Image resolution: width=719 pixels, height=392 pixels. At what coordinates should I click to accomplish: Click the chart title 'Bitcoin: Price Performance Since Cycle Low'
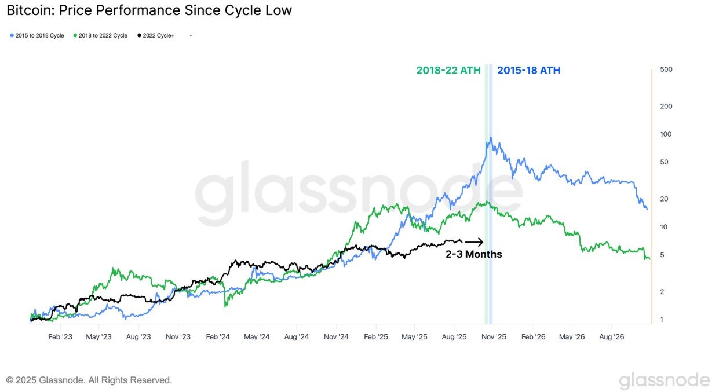pyautogui.click(x=149, y=10)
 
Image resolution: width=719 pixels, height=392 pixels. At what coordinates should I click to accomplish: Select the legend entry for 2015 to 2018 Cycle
pyautogui.click(x=39, y=36)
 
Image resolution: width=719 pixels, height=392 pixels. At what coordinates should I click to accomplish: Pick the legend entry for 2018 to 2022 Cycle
pyautogui.click(x=102, y=36)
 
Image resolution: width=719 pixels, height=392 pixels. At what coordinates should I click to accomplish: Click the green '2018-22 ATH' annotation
pyautogui.click(x=448, y=71)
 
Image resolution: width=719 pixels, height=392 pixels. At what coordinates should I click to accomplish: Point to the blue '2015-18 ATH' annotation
pyautogui.click(x=528, y=71)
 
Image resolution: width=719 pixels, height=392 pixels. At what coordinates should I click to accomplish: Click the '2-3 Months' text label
pyautogui.click(x=473, y=254)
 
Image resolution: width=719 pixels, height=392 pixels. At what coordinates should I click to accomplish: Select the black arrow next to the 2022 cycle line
pyautogui.click(x=474, y=242)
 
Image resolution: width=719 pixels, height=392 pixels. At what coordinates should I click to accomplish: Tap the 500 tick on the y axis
pyautogui.click(x=666, y=70)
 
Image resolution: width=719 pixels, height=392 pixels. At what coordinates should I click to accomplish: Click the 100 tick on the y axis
pyautogui.click(x=666, y=134)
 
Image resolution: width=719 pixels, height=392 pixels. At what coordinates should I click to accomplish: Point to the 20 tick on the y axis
pyautogui.click(x=665, y=199)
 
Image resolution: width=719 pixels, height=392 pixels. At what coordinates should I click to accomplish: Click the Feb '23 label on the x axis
pyautogui.click(x=60, y=336)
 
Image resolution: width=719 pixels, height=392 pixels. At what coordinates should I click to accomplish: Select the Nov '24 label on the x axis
pyautogui.click(x=335, y=336)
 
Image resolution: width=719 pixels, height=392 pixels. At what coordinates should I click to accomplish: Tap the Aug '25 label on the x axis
pyautogui.click(x=454, y=336)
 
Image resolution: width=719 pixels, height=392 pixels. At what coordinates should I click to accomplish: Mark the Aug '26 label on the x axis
pyautogui.click(x=611, y=336)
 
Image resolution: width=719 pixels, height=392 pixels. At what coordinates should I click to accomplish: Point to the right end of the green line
pyautogui.click(x=649, y=259)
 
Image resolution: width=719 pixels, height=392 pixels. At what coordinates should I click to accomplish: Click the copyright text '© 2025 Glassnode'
pyautogui.click(x=89, y=380)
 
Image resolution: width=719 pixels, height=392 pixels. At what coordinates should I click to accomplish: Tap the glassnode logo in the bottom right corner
pyautogui.click(x=664, y=380)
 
